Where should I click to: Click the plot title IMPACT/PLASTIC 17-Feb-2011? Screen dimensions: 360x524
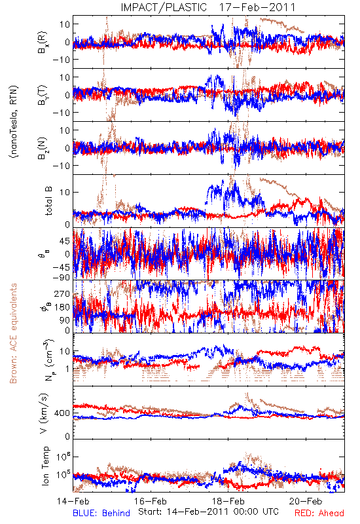click(208, 7)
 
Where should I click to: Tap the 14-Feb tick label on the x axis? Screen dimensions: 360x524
click(73, 501)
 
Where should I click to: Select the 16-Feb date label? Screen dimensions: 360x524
click(151, 501)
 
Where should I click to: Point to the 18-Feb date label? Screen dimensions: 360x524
click(228, 501)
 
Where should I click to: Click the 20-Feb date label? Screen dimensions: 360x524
click(306, 501)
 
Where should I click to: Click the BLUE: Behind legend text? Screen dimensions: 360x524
click(101, 513)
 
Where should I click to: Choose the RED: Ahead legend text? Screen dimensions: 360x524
click(319, 513)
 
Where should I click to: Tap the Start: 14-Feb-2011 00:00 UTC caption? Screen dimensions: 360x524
click(208, 512)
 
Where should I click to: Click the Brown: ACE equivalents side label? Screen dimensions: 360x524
click(13, 333)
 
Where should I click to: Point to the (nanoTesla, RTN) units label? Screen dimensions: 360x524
click(14, 122)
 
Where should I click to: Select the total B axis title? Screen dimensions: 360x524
click(48, 201)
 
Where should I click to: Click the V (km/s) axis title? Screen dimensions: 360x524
click(44, 413)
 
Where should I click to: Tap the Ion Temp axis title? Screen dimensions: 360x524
click(45, 466)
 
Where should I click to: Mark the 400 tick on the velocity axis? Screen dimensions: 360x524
click(62, 413)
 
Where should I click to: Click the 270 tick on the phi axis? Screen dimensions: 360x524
click(62, 294)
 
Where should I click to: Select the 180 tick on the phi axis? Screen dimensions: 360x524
click(62, 307)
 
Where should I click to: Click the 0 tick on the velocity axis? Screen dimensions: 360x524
click(67, 436)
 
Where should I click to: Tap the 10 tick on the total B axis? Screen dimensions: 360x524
click(65, 193)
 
